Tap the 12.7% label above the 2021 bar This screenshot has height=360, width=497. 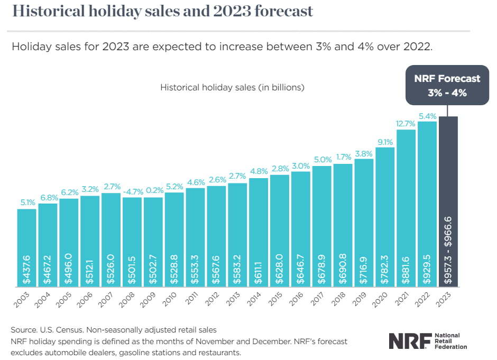tap(407, 124)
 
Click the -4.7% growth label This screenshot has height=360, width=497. tap(132, 191)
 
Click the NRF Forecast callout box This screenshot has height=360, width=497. tap(447, 85)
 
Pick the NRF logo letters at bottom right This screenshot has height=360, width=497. tap(409, 341)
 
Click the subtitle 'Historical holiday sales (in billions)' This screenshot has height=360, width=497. tap(232, 87)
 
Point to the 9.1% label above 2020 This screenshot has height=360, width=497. tap(385, 142)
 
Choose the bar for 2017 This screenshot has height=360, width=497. tap(322, 222)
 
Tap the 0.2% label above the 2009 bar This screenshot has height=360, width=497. tap(153, 191)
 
